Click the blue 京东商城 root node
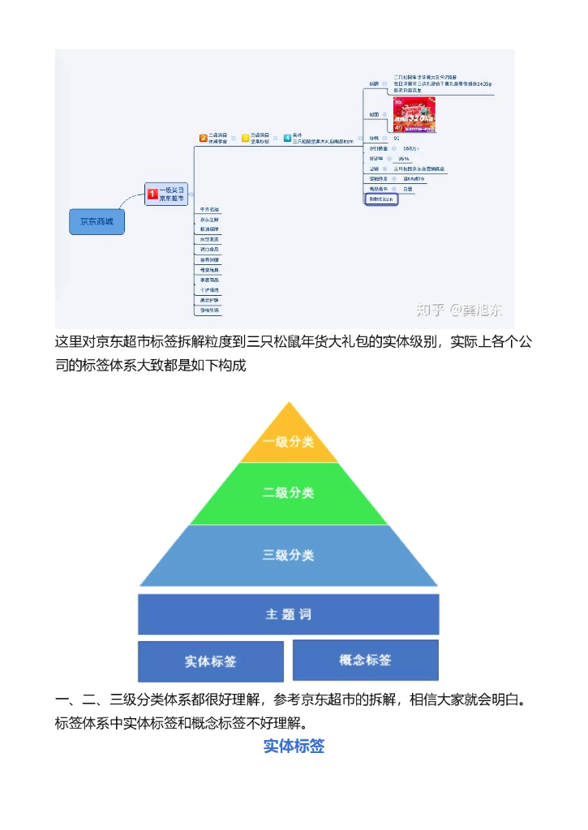point(97,221)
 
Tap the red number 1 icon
point(152,194)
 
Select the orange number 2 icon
point(203,138)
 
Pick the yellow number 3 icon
point(245,138)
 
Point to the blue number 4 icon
point(287,138)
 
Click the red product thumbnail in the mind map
point(414,114)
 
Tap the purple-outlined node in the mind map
point(381,199)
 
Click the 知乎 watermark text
point(431,310)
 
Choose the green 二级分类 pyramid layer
point(289,493)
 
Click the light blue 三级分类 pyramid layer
point(289,555)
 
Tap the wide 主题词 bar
point(289,614)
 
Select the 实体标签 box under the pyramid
point(211,661)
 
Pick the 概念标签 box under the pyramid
point(365,660)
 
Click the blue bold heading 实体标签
point(294,747)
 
